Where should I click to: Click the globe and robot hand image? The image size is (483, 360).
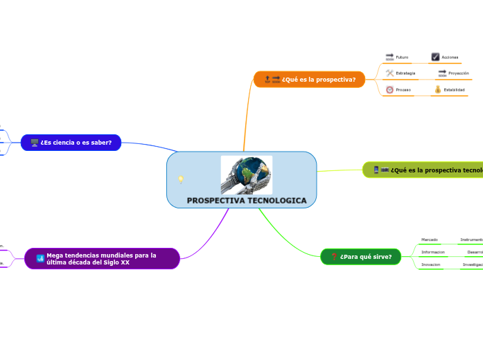pos(247,175)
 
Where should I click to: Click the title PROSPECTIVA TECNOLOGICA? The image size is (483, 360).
pos(246,200)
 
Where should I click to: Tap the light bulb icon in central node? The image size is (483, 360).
pos(181,179)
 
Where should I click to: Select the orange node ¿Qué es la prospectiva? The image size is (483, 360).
pos(310,79)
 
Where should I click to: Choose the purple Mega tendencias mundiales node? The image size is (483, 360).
pos(102,259)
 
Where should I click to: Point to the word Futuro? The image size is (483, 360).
pos(402,57)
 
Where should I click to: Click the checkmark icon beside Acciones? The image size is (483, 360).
pos(435,57)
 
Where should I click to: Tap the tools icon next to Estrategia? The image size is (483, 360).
pos(389,73)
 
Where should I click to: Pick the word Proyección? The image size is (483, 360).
pos(459,73)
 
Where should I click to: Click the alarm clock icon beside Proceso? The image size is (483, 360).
pos(389,89)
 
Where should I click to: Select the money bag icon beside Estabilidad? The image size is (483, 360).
pos(437,89)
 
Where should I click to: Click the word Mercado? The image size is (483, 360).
pos(429,240)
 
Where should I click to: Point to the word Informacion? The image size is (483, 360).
pos(432,252)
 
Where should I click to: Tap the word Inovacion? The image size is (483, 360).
pos(430,264)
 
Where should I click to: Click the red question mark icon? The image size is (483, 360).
pos(334,257)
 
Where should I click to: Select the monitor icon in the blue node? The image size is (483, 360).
pos(34,143)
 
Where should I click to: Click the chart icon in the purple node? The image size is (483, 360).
pos(40,259)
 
